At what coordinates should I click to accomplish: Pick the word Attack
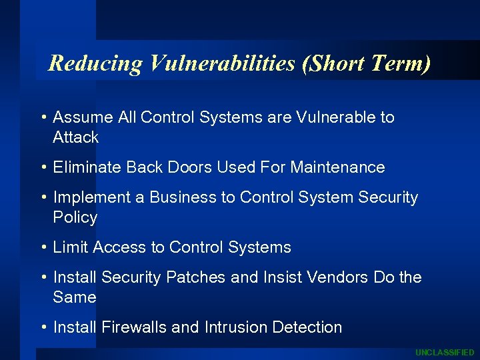(x=75, y=137)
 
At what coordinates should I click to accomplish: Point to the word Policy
(x=75, y=217)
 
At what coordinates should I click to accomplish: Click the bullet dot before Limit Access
(x=43, y=247)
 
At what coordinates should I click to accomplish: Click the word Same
(x=74, y=297)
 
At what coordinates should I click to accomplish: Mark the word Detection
(x=305, y=327)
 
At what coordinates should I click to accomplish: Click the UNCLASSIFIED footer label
(x=445, y=353)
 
